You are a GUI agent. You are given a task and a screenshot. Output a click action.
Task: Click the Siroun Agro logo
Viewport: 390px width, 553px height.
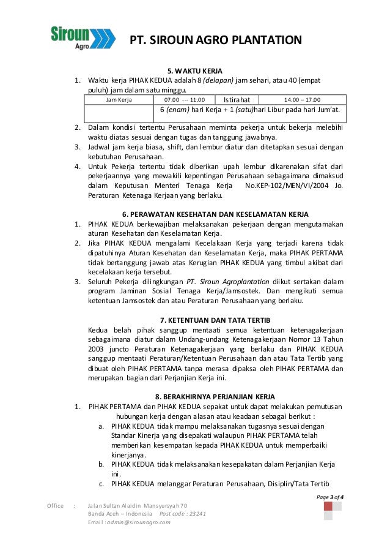(83, 37)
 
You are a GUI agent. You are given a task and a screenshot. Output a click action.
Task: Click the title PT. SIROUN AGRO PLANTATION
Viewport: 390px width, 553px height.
(215, 41)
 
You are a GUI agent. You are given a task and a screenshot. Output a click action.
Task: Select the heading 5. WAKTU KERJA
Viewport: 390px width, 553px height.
(195, 70)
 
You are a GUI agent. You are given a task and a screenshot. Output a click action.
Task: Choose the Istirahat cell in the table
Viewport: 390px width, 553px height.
(238, 99)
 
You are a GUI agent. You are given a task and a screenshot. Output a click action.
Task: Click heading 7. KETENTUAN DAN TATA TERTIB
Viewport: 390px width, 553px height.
(215, 320)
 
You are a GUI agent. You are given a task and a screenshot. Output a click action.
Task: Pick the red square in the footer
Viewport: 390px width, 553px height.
(328, 507)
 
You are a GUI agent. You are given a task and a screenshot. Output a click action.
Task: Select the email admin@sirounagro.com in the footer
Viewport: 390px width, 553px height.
(140, 522)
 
